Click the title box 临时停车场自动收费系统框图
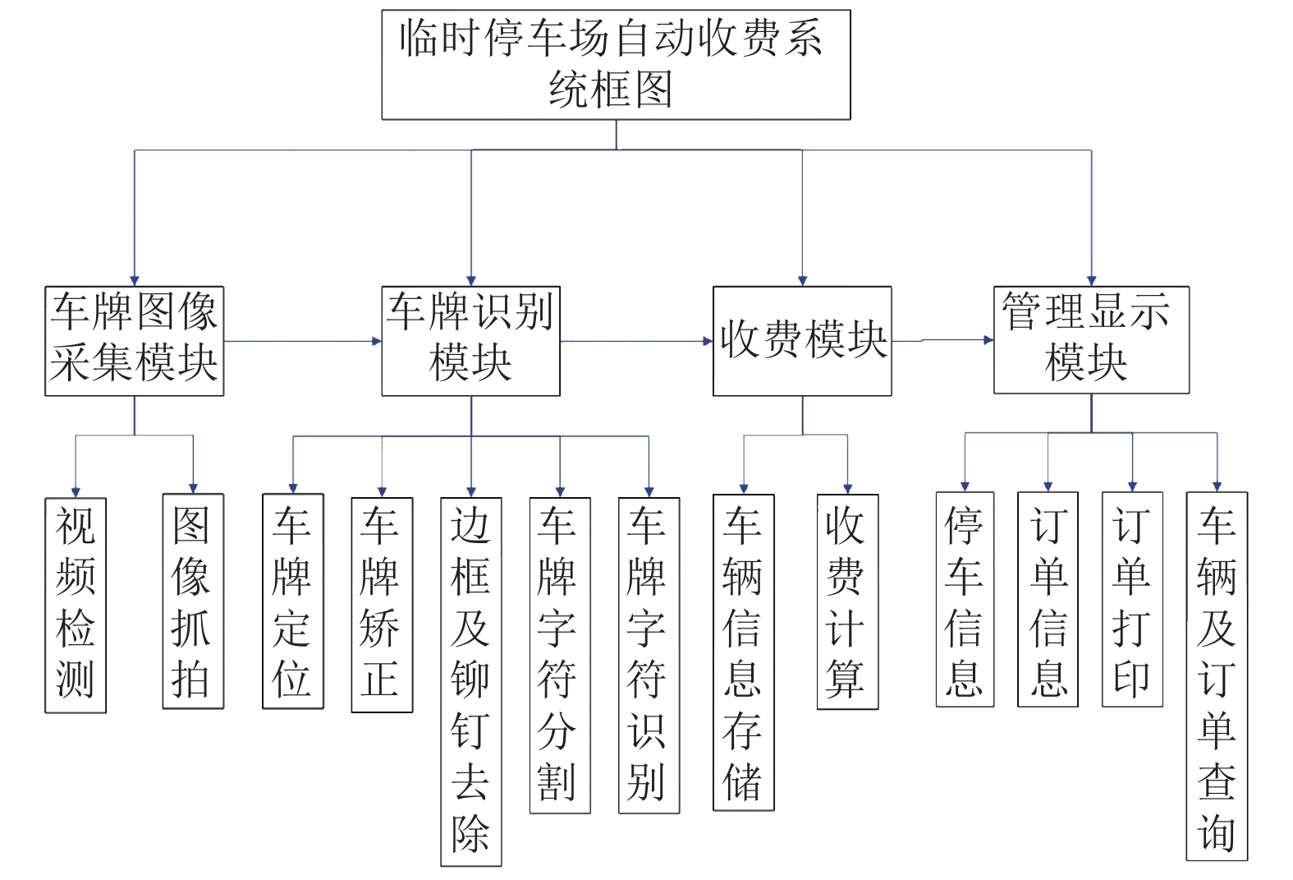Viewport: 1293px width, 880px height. click(616, 65)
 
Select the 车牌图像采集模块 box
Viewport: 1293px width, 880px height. click(135, 341)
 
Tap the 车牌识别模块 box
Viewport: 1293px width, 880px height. click(471, 341)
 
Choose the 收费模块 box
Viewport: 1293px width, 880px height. click(802, 341)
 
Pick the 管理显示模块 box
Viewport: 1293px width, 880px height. click(1092, 339)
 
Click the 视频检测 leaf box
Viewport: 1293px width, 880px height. click(76, 605)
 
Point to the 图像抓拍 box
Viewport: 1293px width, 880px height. click(194, 601)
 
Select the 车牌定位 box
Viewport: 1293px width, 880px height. click(293, 601)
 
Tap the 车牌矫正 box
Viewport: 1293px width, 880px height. click(382, 605)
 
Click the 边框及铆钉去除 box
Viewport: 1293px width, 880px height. click(471, 682)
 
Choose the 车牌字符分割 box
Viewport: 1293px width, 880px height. click(560, 655)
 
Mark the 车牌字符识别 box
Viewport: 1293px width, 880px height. click(649, 655)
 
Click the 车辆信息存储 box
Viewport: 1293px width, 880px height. click(744, 652)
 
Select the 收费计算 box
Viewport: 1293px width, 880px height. click(848, 601)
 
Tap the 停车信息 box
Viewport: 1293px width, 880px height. click(965, 599)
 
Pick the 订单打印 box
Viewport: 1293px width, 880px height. click(1133, 599)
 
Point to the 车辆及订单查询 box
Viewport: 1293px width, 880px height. click(1217, 676)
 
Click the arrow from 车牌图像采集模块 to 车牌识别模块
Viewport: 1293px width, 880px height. click(302, 342)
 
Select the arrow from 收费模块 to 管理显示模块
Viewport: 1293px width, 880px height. click(942, 340)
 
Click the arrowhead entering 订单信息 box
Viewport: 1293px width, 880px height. click(1048, 487)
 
